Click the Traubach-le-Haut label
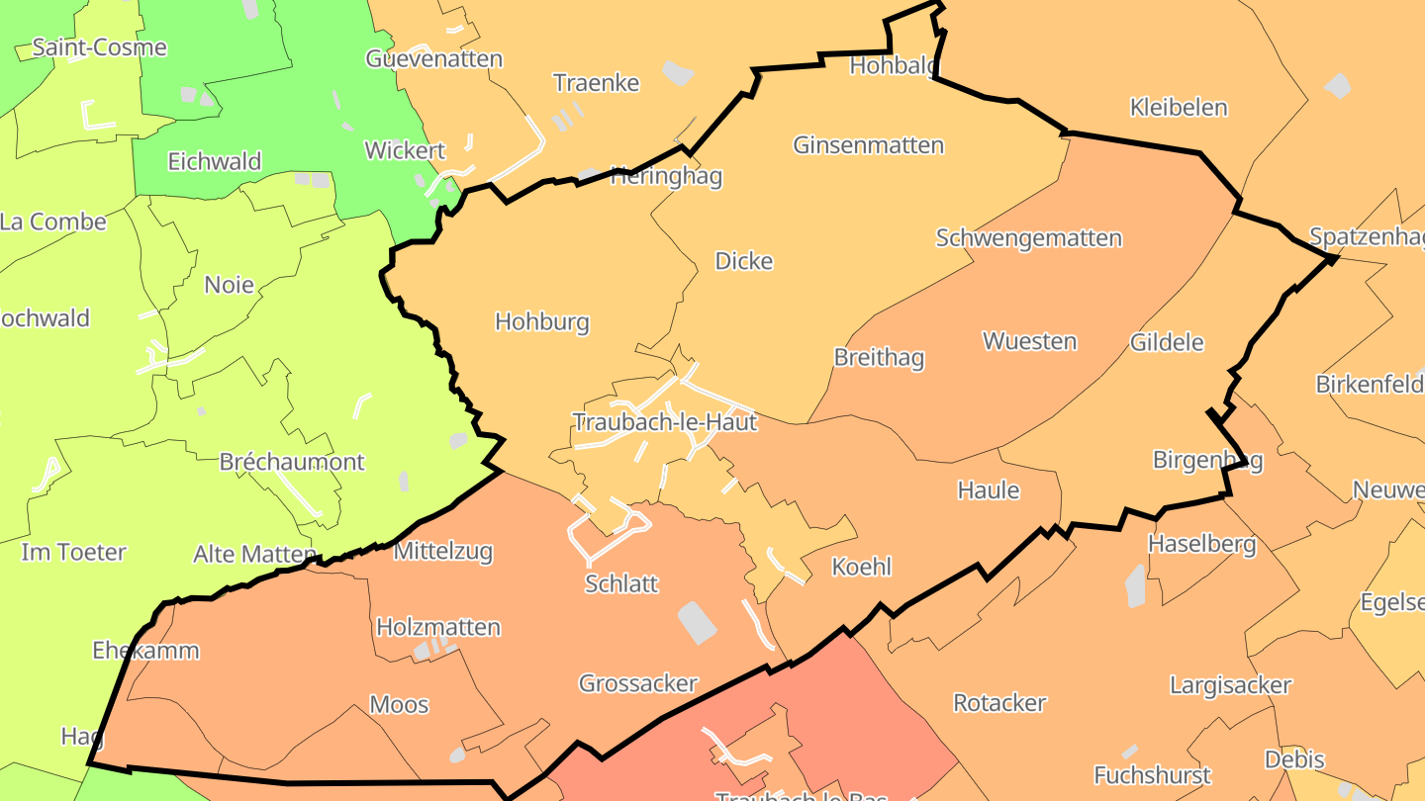point(664,422)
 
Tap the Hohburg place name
point(541,321)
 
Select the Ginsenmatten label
point(868,145)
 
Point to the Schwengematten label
point(1028,238)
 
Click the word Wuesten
point(1029,341)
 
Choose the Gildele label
point(1167,342)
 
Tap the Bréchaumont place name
point(292,462)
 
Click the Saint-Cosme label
point(100,47)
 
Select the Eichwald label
point(215,161)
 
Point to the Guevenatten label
point(433,58)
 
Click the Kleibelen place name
point(1178,107)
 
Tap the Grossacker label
point(638,683)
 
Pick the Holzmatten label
point(438,627)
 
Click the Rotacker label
point(999,703)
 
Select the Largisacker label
point(1230,685)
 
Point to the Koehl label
point(861,567)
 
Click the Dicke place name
point(743,261)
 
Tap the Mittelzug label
point(443,552)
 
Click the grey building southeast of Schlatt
point(698,622)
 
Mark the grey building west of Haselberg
point(1135,585)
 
